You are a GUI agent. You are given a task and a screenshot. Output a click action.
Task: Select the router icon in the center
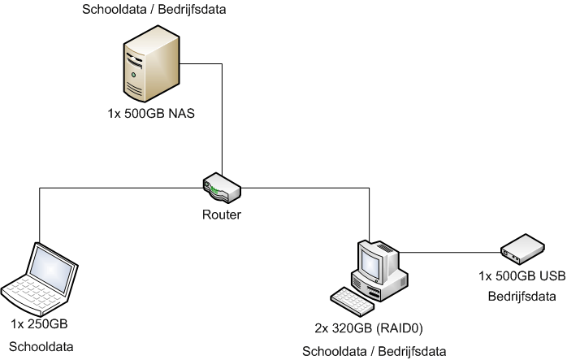(x=220, y=189)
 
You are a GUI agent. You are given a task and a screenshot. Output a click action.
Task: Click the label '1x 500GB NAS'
(x=151, y=112)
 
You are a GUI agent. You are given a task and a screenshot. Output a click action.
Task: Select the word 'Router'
(x=222, y=215)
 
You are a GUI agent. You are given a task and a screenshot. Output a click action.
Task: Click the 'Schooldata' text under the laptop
(x=41, y=346)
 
